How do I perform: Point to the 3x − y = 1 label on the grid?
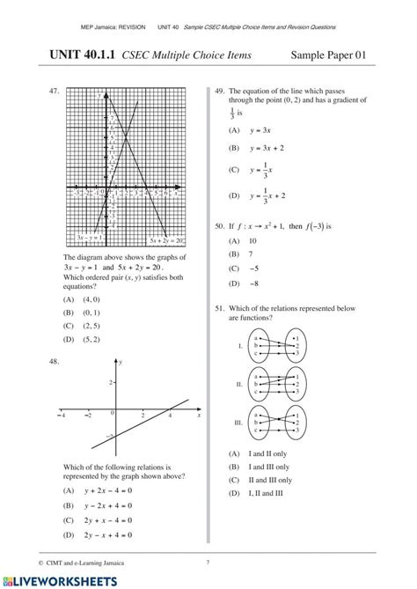[x=89, y=239]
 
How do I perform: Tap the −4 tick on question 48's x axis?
[x=62, y=414]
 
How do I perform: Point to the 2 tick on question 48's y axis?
[x=111, y=382]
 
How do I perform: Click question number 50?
[x=219, y=226]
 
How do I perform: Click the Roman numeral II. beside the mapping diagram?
[x=239, y=385]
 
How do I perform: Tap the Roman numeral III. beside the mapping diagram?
[x=238, y=423]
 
